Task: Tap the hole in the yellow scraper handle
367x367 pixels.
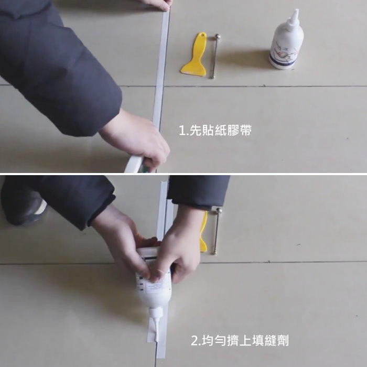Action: [202, 36]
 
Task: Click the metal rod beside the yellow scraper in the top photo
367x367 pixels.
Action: [215, 57]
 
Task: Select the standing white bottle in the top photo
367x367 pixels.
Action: [286, 41]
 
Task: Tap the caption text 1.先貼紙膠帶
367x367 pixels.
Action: [215, 131]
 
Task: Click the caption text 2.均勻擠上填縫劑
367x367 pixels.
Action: [240, 341]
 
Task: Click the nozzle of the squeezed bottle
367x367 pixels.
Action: [156, 326]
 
